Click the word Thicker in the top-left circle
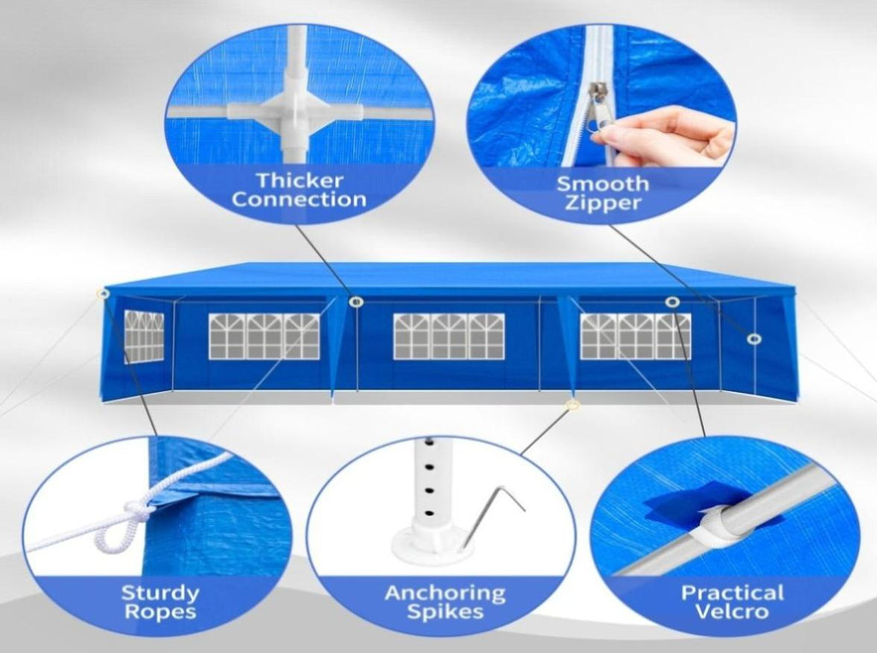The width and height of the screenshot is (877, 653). click(x=299, y=181)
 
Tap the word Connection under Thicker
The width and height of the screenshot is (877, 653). click(x=299, y=199)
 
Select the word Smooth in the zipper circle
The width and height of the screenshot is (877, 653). click(x=602, y=183)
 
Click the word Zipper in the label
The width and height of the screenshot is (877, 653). click(x=602, y=202)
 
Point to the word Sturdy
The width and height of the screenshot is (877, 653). click(x=160, y=592)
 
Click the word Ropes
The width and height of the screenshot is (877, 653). click(x=160, y=612)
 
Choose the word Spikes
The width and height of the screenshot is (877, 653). click(x=444, y=612)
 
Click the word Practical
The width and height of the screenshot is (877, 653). click(x=731, y=592)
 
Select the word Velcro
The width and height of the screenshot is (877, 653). click(x=731, y=611)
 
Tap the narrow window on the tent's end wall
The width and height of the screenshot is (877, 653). click(x=144, y=335)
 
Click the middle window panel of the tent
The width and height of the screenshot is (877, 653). click(x=449, y=336)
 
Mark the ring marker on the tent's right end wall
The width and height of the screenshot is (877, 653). click(x=755, y=339)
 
